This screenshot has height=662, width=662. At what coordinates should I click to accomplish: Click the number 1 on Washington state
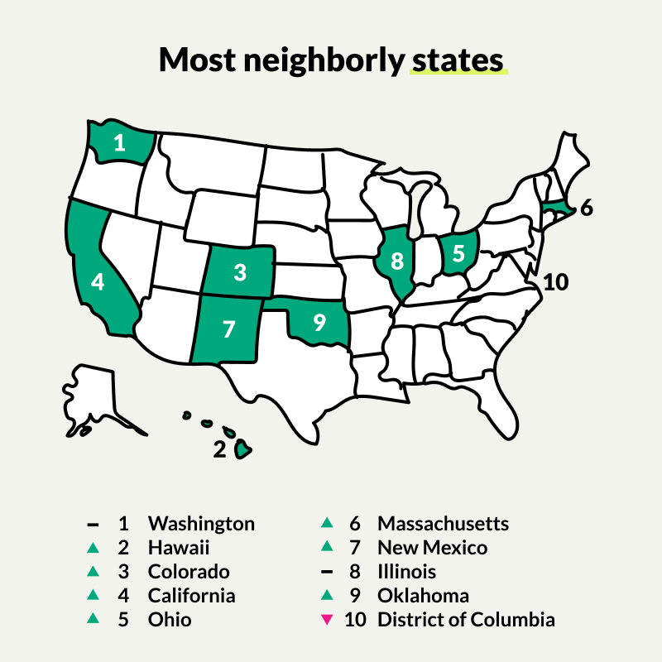pos(120,143)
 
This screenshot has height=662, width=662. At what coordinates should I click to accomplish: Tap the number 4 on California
pos(98,282)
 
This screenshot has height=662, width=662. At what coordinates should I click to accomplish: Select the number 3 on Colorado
pos(240,271)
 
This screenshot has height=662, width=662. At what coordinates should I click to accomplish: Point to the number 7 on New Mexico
pos(229,329)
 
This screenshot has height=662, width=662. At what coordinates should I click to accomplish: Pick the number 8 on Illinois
pos(397,261)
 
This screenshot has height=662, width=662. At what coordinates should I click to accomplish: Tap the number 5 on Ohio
pos(458,253)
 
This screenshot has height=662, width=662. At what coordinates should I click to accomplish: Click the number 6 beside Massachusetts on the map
pos(586,209)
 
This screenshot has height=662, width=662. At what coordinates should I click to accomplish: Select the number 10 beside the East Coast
pos(556,282)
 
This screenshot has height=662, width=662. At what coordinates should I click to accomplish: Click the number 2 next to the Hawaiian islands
pos(219,449)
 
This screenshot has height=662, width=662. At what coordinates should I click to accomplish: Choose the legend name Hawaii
pos(179,547)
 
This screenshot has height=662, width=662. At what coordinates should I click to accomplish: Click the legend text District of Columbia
pos(466,619)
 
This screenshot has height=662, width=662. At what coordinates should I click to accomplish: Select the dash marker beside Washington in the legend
pos(93,524)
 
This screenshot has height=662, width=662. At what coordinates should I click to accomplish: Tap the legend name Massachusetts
pos(443,523)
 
